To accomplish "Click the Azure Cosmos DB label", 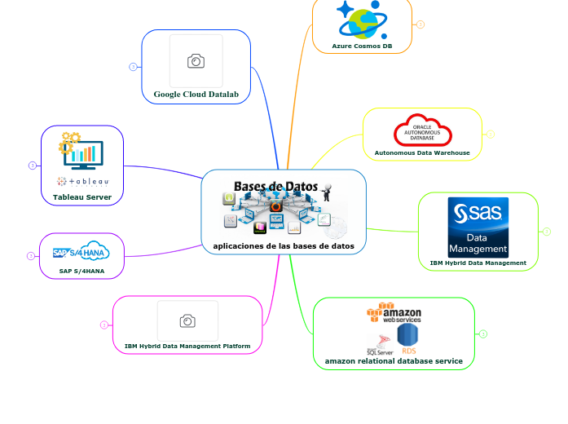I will point(362,46).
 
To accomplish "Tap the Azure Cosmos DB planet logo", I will point(362,20).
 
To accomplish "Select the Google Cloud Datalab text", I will point(196,95).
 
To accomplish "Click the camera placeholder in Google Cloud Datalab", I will point(196,61).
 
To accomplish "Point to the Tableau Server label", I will point(82,197).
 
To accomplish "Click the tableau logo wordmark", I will point(82,181).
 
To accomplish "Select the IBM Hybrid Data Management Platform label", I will point(187,347).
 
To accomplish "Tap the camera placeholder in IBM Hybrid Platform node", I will point(187,321).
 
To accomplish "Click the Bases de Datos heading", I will point(275,187).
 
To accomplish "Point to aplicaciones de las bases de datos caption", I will point(284,245).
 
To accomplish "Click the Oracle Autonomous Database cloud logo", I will point(422,131).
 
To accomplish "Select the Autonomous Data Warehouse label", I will point(422,152).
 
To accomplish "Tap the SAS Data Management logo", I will point(478,227).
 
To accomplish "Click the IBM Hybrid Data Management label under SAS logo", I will point(478,263).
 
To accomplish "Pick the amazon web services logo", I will point(394,314).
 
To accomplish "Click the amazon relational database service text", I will point(394,360).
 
